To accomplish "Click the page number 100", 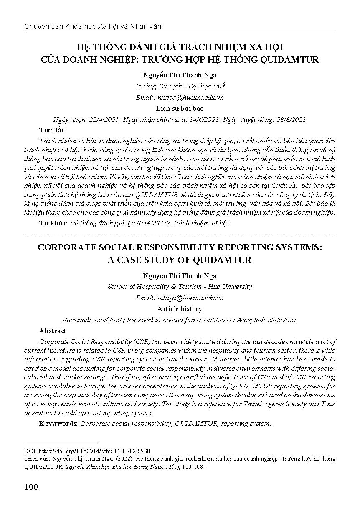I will (31, 487).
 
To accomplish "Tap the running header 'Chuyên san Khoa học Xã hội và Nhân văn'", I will (93, 26).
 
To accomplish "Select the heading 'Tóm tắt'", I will (49, 130).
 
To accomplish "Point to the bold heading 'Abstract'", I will (53, 331).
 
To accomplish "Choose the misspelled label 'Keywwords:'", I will (58, 423).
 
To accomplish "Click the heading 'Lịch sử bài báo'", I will (180, 109).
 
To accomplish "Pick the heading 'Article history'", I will (180, 309).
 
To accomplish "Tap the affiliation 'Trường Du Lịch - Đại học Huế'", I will (180, 86).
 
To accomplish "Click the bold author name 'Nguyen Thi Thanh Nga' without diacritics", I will (180, 276).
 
